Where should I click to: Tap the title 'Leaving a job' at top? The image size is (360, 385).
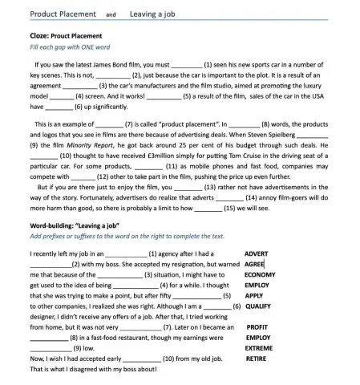pos(154,14)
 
